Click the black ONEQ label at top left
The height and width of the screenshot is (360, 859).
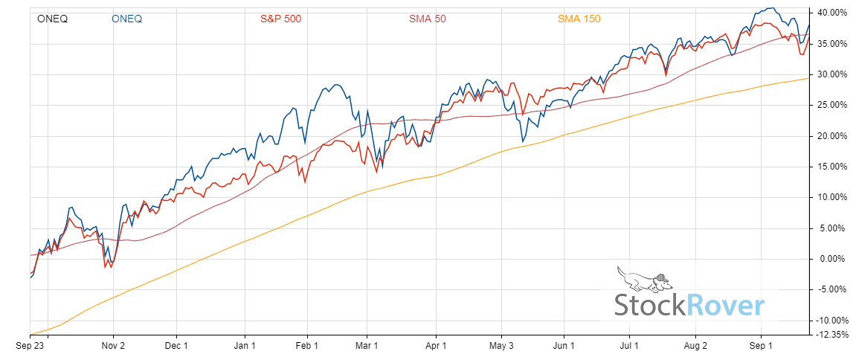coord(52,19)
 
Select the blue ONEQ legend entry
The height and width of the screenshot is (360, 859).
coord(127,19)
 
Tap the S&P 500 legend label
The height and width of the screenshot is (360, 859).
coord(280,19)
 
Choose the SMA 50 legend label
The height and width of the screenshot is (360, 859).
coord(427,19)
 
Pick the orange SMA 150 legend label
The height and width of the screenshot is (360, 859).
coord(579,19)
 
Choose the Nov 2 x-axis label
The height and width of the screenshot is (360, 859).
coord(113,346)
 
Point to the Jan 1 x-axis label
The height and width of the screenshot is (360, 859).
coord(245,346)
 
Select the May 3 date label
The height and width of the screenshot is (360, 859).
coord(502,346)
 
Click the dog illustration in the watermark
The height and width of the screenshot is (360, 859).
coord(643,280)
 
